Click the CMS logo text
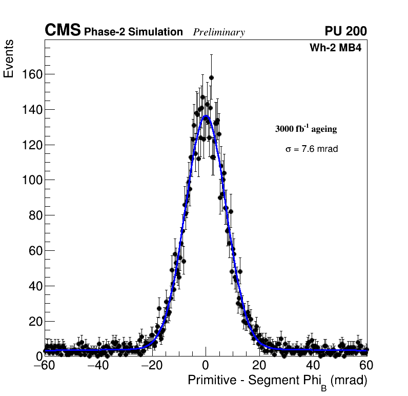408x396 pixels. [63, 31]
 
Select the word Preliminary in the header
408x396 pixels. [219, 33]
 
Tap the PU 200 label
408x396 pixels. [345, 31]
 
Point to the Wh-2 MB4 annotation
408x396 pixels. [339, 48]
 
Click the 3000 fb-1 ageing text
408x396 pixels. [306, 129]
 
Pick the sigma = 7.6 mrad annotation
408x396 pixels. [311, 149]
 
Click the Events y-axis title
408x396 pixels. [9, 59]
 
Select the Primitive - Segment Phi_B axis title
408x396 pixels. [277, 381]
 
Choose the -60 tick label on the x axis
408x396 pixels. [44, 365]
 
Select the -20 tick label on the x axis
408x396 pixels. [151, 365]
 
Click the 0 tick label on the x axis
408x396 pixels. [206, 365]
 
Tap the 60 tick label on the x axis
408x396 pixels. [366, 365]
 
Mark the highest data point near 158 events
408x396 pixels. [211, 78]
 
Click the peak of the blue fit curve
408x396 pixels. [206, 116]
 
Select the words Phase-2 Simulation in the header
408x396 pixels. [133, 32]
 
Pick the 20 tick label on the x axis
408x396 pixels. [259, 365]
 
